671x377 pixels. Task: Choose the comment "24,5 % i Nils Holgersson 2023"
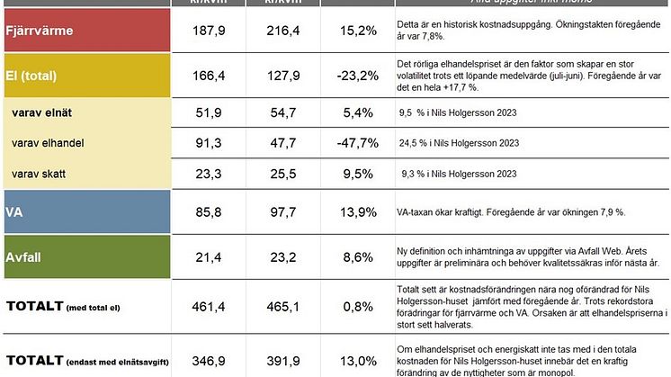click(x=458, y=143)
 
